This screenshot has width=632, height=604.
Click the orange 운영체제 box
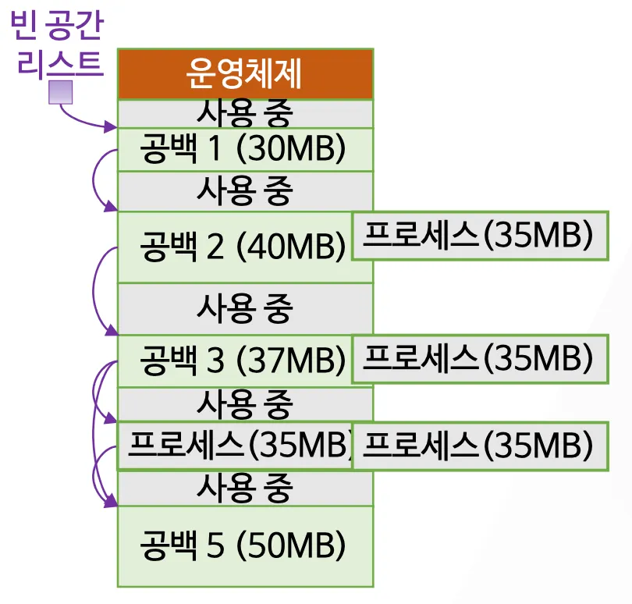point(245,75)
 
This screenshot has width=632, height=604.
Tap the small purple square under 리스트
point(61,93)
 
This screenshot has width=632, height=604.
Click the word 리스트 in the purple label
point(61,63)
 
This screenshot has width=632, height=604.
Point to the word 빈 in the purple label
point(24,26)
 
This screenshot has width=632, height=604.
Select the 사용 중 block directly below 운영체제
point(245,114)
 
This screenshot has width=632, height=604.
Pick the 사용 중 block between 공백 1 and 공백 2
point(245,190)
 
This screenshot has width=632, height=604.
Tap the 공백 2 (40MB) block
point(234,247)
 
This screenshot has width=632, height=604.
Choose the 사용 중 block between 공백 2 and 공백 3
point(245,309)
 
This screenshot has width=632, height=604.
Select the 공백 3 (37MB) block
point(234,361)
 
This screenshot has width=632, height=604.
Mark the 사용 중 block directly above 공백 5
point(245,489)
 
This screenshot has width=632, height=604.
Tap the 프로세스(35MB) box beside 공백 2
point(479,235)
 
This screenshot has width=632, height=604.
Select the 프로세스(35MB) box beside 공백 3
point(479,358)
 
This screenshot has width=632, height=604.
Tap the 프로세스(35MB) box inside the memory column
point(234,446)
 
